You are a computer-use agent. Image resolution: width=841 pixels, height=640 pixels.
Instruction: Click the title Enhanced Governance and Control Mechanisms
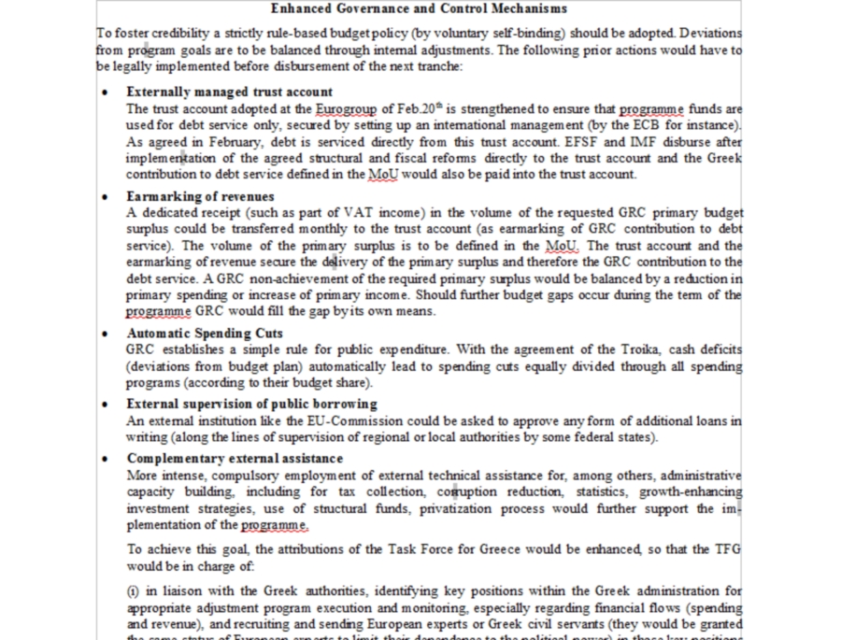pyautogui.click(x=418, y=8)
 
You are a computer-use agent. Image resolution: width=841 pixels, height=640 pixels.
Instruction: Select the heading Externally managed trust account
pyautogui.click(x=229, y=92)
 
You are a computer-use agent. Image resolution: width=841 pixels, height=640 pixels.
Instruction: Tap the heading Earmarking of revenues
pyautogui.click(x=200, y=196)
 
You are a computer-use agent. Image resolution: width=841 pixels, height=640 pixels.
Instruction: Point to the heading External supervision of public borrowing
pyautogui.click(x=251, y=404)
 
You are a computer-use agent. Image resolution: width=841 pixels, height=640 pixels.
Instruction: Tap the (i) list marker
pyautogui.click(x=134, y=590)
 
